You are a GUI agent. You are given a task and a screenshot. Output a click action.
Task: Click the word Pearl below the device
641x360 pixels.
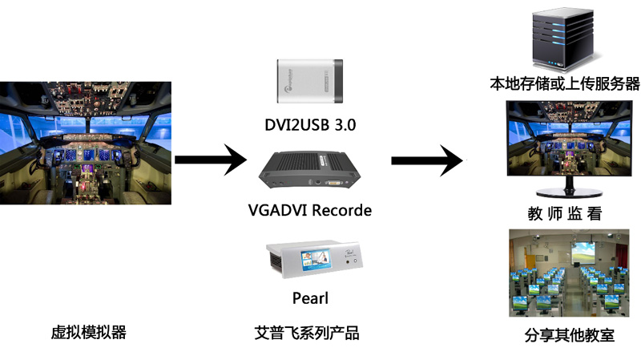(310, 298)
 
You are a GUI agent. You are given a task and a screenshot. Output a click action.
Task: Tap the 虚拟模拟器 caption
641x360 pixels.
(89, 333)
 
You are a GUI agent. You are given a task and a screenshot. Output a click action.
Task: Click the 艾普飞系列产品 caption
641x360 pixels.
(312, 333)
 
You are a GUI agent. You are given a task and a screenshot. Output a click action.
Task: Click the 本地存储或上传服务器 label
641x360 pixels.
(565, 84)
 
